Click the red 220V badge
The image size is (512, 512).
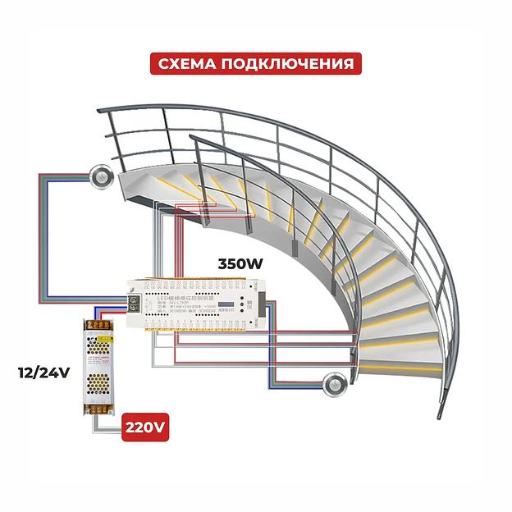(145, 427)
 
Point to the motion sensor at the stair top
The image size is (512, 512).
(100, 174)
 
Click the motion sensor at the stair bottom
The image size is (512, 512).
(334, 382)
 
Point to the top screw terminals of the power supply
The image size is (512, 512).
(98, 327)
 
